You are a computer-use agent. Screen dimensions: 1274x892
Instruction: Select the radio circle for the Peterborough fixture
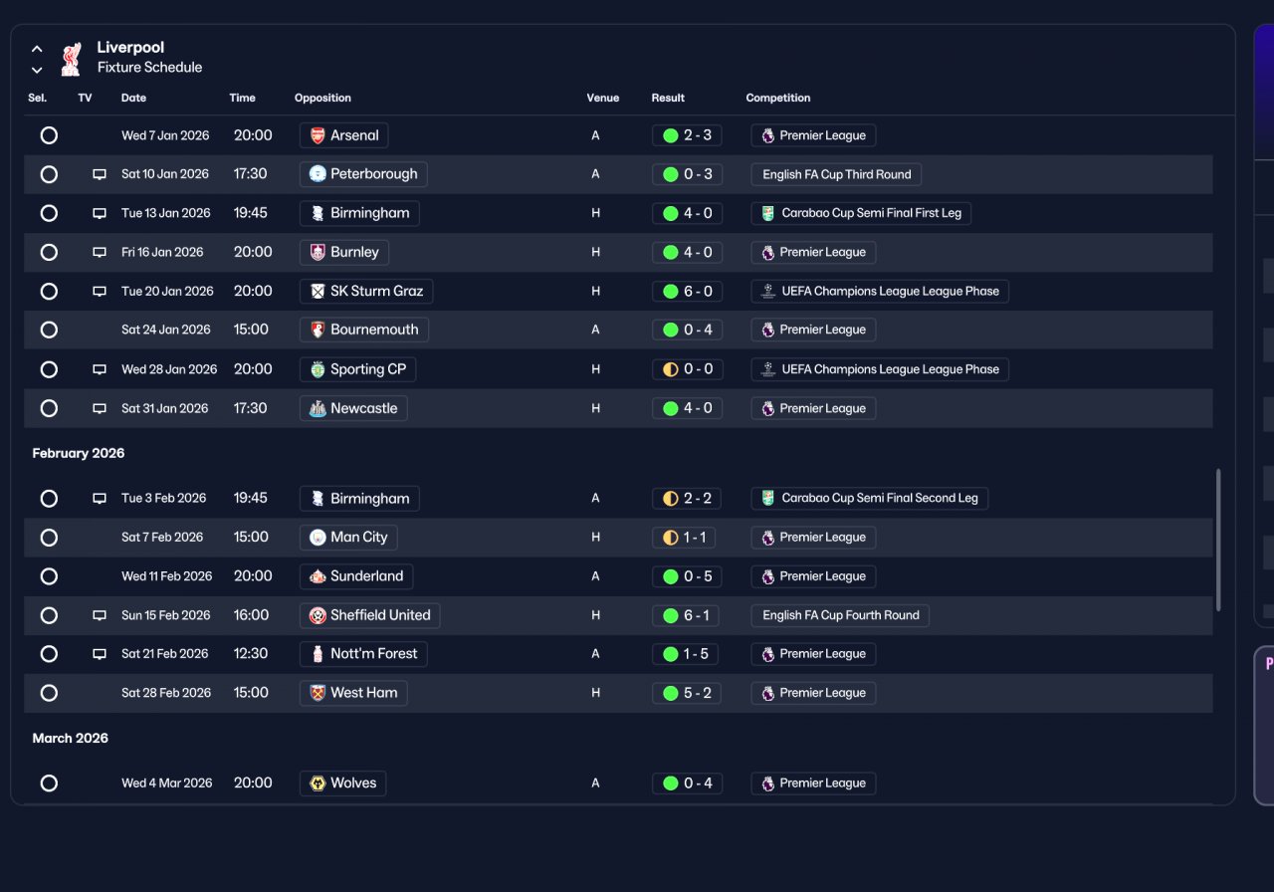(49, 174)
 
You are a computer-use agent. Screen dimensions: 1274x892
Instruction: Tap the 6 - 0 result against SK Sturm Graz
(688, 292)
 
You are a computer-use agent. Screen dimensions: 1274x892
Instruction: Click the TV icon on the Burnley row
(100, 252)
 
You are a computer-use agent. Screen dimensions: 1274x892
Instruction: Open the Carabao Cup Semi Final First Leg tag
(861, 213)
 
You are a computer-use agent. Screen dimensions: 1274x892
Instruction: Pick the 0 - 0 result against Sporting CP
(688, 369)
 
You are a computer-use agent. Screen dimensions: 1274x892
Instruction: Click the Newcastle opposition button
(353, 408)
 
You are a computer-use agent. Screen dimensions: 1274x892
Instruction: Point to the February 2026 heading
(79, 453)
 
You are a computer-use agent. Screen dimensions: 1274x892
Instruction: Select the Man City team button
(348, 537)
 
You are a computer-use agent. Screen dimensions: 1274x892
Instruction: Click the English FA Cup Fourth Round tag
(840, 615)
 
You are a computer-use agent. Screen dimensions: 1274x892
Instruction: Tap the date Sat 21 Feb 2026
(165, 654)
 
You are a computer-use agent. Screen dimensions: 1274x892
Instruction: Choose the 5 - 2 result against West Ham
(687, 693)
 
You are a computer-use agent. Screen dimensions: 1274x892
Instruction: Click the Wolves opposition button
(343, 783)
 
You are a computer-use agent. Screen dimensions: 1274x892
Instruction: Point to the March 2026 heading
(70, 739)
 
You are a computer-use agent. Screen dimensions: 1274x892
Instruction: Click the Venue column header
(603, 98)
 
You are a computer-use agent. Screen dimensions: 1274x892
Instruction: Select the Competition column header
(778, 98)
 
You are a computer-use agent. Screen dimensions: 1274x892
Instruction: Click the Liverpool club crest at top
(72, 59)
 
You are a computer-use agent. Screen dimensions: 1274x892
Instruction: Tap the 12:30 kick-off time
(250, 654)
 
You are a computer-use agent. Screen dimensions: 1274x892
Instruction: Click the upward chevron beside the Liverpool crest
(37, 49)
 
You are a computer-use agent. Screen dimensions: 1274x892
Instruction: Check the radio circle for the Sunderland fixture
(49, 576)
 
